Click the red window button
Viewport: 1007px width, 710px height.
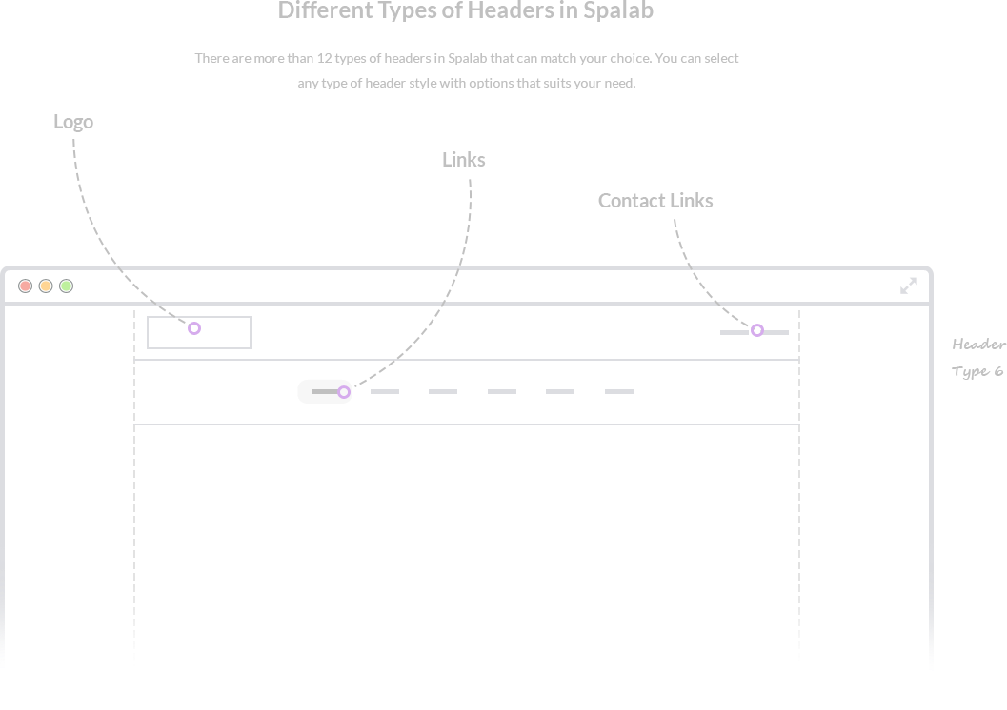(x=25, y=286)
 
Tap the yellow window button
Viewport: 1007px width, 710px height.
(x=46, y=286)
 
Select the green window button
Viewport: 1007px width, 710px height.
(x=66, y=286)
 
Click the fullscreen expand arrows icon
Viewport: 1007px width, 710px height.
(x=909, y=286)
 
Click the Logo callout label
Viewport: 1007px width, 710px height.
(x=73, y=122)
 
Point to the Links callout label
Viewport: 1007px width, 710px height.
(x=464, y=160)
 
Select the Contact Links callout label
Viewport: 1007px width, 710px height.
(x=655, y=201)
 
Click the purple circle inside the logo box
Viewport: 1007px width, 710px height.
(x=194, y=328)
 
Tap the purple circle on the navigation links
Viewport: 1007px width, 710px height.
(x=344, y=392)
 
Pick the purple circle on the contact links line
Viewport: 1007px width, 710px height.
(x=757, y=330)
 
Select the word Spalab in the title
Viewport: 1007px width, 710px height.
(x=618, y=10)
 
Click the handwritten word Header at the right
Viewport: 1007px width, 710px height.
(x=979, y=345)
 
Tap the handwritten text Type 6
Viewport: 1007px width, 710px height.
(x=977, y=371)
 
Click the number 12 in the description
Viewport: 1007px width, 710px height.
(x=324, y=58)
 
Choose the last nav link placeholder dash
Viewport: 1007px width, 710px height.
(x=619, y=391)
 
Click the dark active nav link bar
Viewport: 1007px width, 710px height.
(x=325, y=391)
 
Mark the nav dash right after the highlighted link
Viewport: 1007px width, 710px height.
(x=385, y=391)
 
